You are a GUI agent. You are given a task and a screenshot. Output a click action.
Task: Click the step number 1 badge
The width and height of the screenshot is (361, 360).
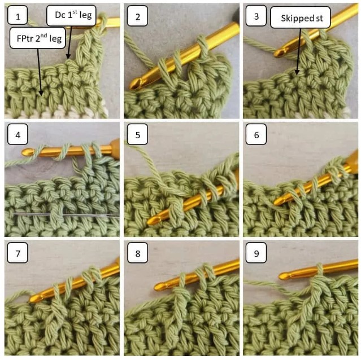[18, 17]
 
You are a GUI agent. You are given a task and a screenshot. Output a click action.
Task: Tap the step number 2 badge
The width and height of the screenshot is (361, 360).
[137, 17]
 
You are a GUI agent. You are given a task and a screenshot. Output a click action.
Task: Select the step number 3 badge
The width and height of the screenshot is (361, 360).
[256, 17]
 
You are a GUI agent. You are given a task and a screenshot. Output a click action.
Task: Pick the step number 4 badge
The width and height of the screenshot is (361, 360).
[18, 137]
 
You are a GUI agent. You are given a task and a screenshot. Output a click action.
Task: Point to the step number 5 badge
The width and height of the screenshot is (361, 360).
[137, 137]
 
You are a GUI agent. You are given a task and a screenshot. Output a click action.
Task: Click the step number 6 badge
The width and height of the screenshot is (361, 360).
[256, 137]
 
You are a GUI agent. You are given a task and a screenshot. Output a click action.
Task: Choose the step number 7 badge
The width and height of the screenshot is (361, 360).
[18, 254]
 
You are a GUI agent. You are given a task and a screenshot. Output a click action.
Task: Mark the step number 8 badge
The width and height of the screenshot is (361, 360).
[137, 254]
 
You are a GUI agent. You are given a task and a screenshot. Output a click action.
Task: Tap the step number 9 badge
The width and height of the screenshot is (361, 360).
[256, 254]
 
